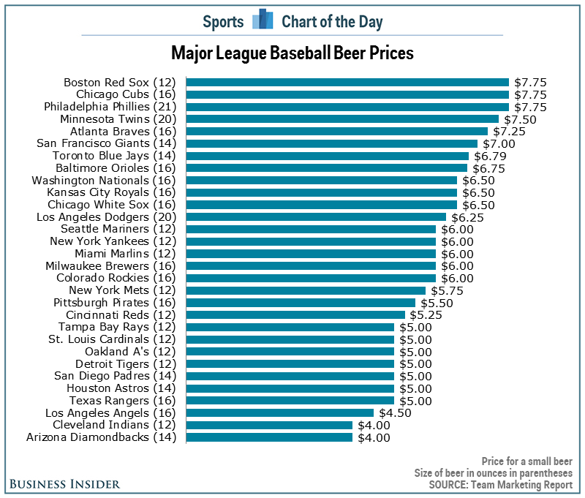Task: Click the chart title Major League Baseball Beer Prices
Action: coord(292,53)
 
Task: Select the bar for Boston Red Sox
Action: coord(347,83)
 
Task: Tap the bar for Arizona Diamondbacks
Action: coord(269,437)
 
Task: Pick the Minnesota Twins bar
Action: coord(342,119)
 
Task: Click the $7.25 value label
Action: coord(509,131)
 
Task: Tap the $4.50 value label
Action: coord(395,413)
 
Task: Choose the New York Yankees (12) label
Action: coord(105,241)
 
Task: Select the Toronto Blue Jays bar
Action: coord(327,156)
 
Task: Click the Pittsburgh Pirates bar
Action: coord(301,303)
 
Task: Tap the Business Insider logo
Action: coord(66,484)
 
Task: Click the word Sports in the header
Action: coord(223,21)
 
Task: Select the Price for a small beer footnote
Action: coord(526,461)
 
